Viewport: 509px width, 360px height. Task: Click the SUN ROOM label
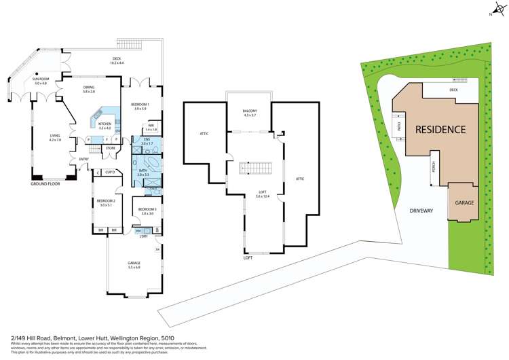(x=40, y=79)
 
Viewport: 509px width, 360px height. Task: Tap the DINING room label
(x=89, y=88)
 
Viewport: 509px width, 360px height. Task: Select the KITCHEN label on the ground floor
(x=105, y=124)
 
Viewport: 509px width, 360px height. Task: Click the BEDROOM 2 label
(x=105, y=201)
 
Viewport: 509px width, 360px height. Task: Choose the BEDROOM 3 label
(x=147, y=209)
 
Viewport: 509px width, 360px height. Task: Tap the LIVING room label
(x=55, y=136)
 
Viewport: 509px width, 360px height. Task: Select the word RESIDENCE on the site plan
(x=440, y=129)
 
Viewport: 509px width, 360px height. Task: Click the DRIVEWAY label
(x=421, y=211)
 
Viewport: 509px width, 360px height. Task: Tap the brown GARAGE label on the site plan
(x=464, y=203)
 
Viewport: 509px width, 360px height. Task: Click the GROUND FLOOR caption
(x=45, y=184)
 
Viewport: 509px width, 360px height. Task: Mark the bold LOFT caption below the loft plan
(x=248, y=258)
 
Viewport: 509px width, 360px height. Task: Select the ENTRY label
(x=83, y=160)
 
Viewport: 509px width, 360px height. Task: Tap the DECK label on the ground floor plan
(x=116, y=59)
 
